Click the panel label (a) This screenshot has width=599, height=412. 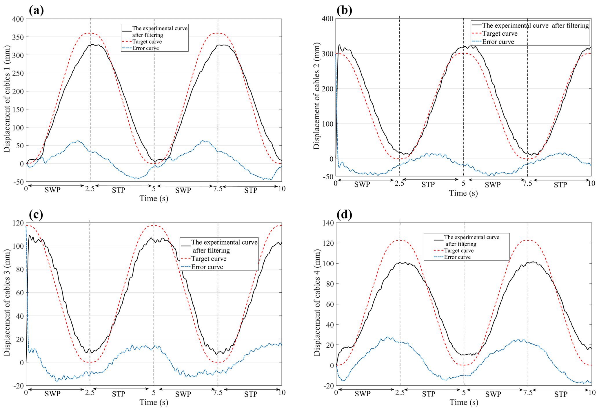click(36, 10)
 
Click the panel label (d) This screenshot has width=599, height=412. click(344, 214)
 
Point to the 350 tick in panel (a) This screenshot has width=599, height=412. click(18, 37)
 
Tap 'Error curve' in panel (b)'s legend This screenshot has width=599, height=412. click(498, 42)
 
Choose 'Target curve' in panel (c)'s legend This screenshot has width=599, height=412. click(209, 259)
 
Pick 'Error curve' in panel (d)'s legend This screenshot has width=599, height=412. click(457, 257)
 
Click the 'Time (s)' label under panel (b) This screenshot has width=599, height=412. click(463, 193)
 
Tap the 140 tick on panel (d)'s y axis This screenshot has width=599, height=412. click(328, 223)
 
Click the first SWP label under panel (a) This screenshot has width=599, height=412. click(52, 190)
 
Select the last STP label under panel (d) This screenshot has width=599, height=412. click(561, 394)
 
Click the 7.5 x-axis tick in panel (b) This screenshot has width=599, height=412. click(527, 183)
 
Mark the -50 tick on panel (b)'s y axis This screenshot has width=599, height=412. click(327, 176)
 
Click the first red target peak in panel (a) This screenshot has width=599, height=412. click(90, 33)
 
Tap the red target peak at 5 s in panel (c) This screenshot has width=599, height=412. click(154, 225)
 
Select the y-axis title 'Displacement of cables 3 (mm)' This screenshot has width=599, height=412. click(7, 303)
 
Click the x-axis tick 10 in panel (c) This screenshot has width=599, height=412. click(282, 393)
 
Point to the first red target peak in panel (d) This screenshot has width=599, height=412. click(400, 240)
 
